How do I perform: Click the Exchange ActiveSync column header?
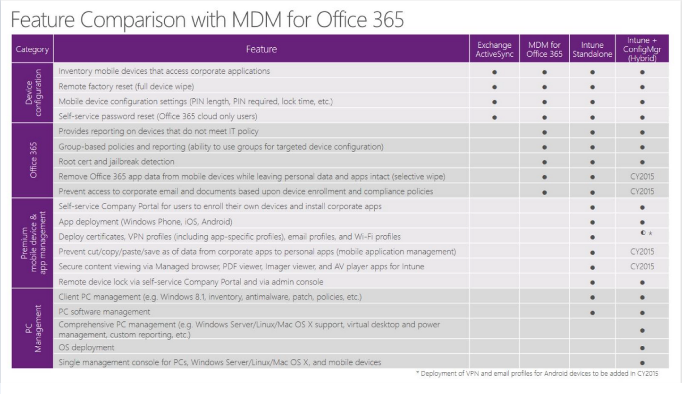pos(494,49)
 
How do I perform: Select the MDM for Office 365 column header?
pos(544,49)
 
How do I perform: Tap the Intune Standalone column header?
pos(592,49)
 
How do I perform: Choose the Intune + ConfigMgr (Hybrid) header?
pos(642,49)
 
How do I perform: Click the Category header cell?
pos(32,49)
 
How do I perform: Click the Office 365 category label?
pos(33,161)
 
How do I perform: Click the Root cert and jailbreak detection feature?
pos(116,162)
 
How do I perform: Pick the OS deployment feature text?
pos(86,348)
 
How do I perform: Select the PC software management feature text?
pos(104,312)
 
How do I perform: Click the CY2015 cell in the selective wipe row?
pos(642,177)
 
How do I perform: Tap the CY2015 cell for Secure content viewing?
pos(642,267)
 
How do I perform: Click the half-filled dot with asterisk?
pos(646,233)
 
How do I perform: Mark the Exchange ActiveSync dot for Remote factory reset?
pos(494,87)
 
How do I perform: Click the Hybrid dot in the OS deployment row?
pos(642,348)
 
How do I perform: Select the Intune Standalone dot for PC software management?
pos(592,312)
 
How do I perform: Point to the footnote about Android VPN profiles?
pos(536,374)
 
